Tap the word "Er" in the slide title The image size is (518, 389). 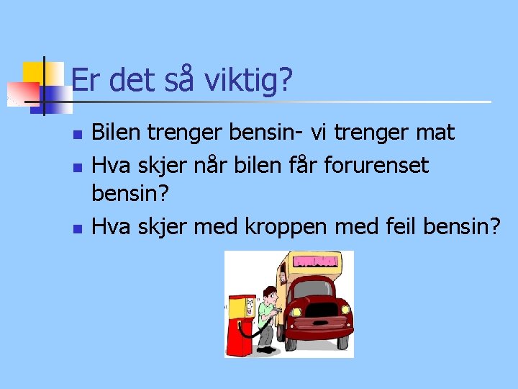tap(85, 80)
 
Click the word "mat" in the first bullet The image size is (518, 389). tap(435, 133)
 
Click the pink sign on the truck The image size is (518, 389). tap(315, 261)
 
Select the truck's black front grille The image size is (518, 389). tap(322, 310)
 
